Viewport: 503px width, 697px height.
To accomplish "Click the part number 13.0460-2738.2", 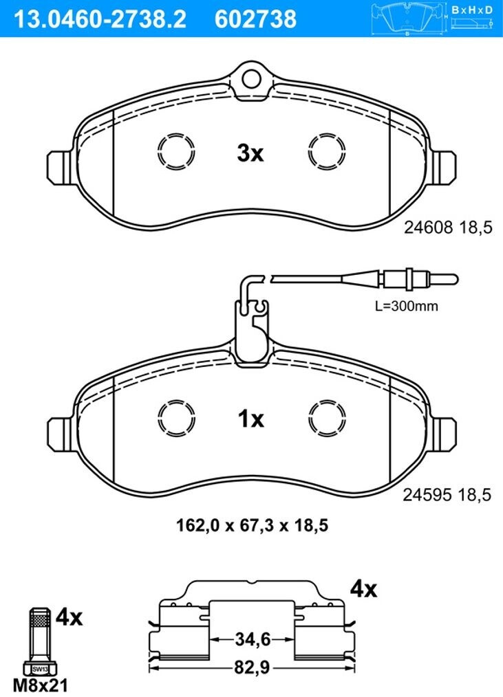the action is (100, 19).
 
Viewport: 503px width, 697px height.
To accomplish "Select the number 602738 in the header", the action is (255, 19).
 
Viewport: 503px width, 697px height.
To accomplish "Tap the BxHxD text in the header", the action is (472, 10).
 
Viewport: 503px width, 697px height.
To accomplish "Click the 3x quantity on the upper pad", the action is (250, 153).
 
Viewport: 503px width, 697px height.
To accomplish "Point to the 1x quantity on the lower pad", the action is (251, 419).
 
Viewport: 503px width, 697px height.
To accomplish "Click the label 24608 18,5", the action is (448, 228).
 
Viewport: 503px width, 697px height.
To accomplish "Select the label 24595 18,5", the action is (447, 494).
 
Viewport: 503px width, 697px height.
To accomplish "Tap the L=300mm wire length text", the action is (407, 307).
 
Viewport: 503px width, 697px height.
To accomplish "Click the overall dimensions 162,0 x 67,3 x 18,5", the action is (253, 526).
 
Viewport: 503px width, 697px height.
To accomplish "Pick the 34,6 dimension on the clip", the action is (253, 640).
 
